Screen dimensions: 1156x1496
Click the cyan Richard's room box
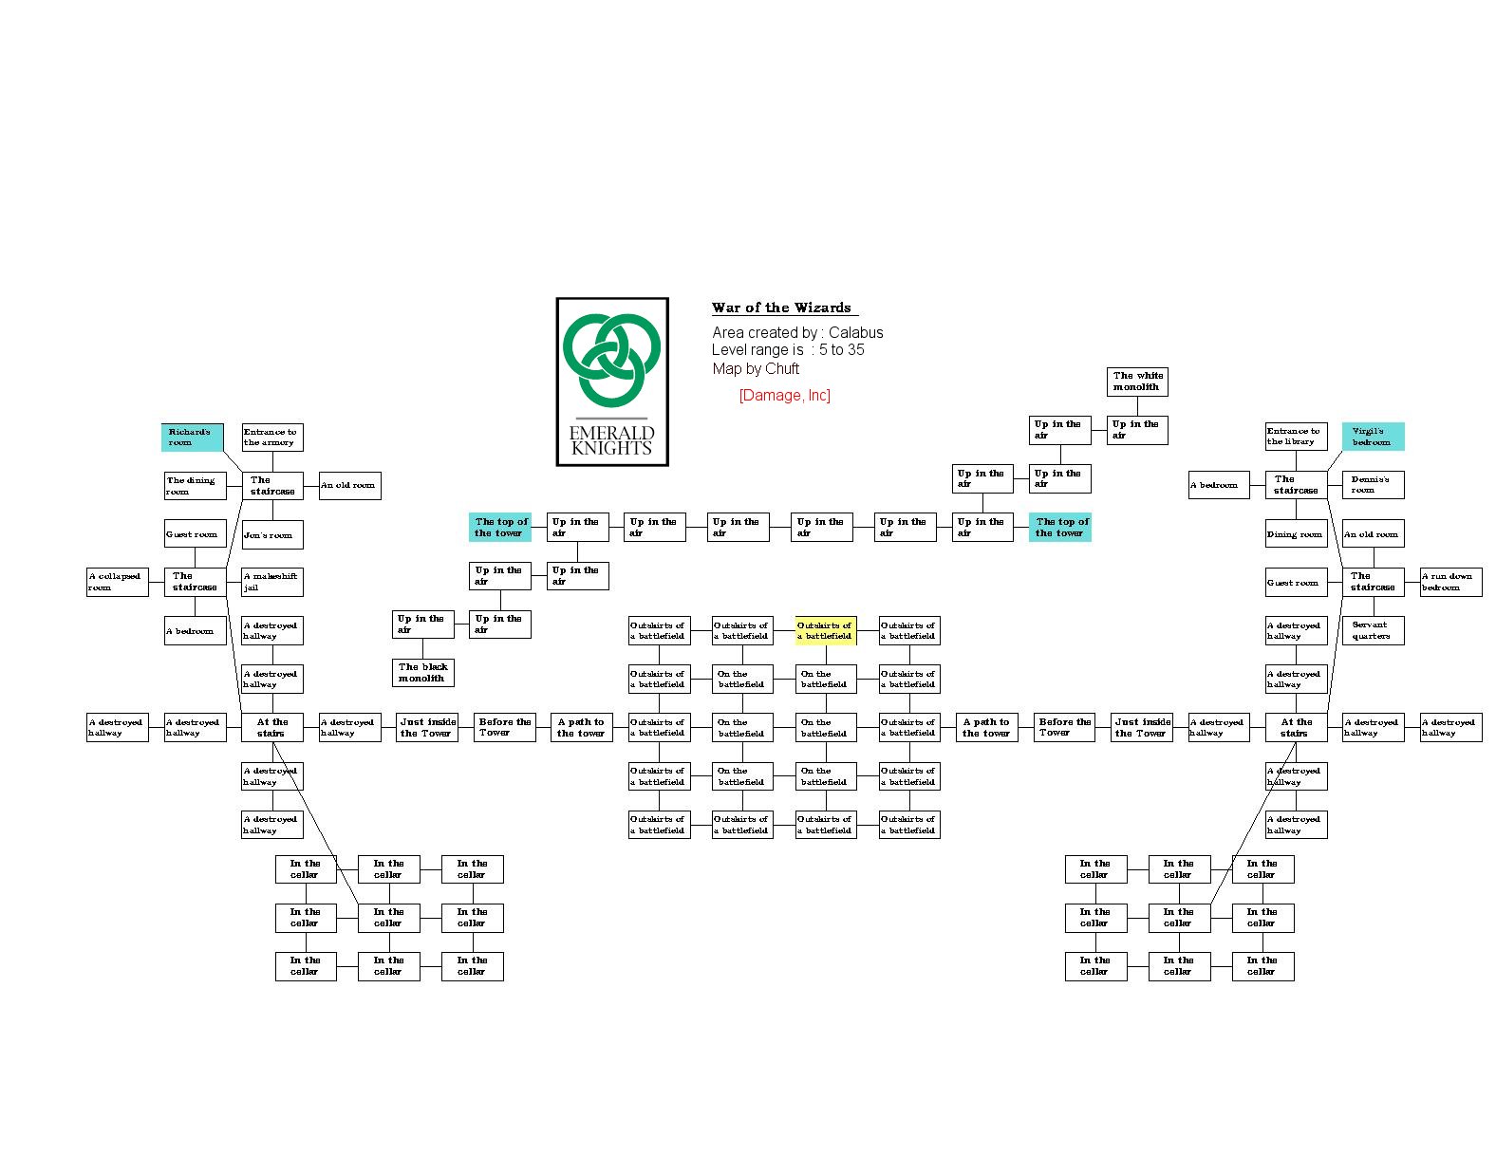click(192, 438)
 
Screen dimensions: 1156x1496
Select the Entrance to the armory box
click(272, 438)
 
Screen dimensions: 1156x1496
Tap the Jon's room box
click(272, 535)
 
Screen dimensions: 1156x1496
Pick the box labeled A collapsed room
click(118, 582)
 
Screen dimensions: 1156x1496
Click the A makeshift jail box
click(272, 582)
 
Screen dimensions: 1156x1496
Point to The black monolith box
click(423, 673)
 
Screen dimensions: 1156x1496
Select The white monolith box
click(1137, 382)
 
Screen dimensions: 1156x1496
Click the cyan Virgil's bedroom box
click(1373, 437)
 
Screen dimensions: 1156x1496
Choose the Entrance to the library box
click(1296, 437)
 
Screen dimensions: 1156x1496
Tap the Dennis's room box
click(1373, 485)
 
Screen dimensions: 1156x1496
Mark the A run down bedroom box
click(1450, 582)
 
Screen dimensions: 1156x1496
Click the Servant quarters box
click(1373, 630)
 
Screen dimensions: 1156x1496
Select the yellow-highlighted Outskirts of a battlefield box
click(826, 631)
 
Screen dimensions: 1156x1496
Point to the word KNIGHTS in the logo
click(612, 449)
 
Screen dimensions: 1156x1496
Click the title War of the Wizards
click(781, 308)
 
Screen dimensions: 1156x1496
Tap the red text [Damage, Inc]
click(784, 396)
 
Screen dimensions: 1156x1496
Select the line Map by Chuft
click(756, 369)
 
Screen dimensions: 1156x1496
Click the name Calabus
click(855, 333)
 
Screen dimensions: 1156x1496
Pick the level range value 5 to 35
click(842, 350)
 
